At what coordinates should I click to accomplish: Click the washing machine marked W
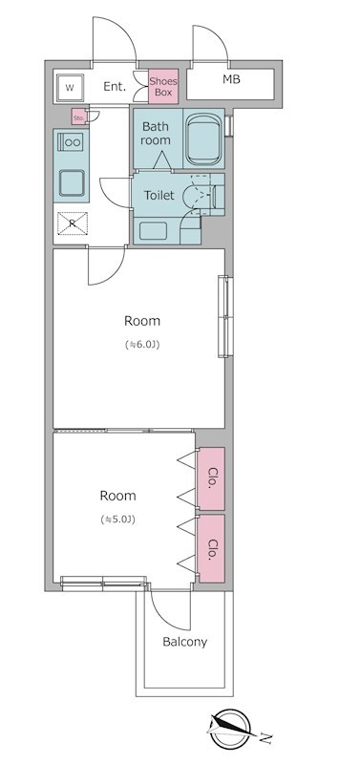71,88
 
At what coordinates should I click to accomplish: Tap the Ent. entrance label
115,87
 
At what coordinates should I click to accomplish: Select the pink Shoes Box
163,86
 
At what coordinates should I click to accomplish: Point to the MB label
231,79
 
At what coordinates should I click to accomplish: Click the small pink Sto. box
79,117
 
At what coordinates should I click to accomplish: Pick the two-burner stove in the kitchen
71,142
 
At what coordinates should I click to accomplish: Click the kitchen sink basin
72,182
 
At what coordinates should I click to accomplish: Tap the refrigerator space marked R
73,223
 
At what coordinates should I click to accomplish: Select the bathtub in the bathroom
203,138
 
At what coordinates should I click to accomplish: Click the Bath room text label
156,134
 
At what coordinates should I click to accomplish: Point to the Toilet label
159,196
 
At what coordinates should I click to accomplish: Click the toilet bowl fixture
201,195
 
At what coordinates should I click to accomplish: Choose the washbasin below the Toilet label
153,231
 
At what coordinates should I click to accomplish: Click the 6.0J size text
142,345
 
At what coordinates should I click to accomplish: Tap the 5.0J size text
117,520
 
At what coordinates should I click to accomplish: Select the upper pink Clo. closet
210,479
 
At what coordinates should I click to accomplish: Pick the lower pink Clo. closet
210,548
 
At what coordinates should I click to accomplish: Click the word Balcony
185,642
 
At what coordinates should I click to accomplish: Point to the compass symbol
230,729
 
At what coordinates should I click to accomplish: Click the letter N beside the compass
265,738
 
